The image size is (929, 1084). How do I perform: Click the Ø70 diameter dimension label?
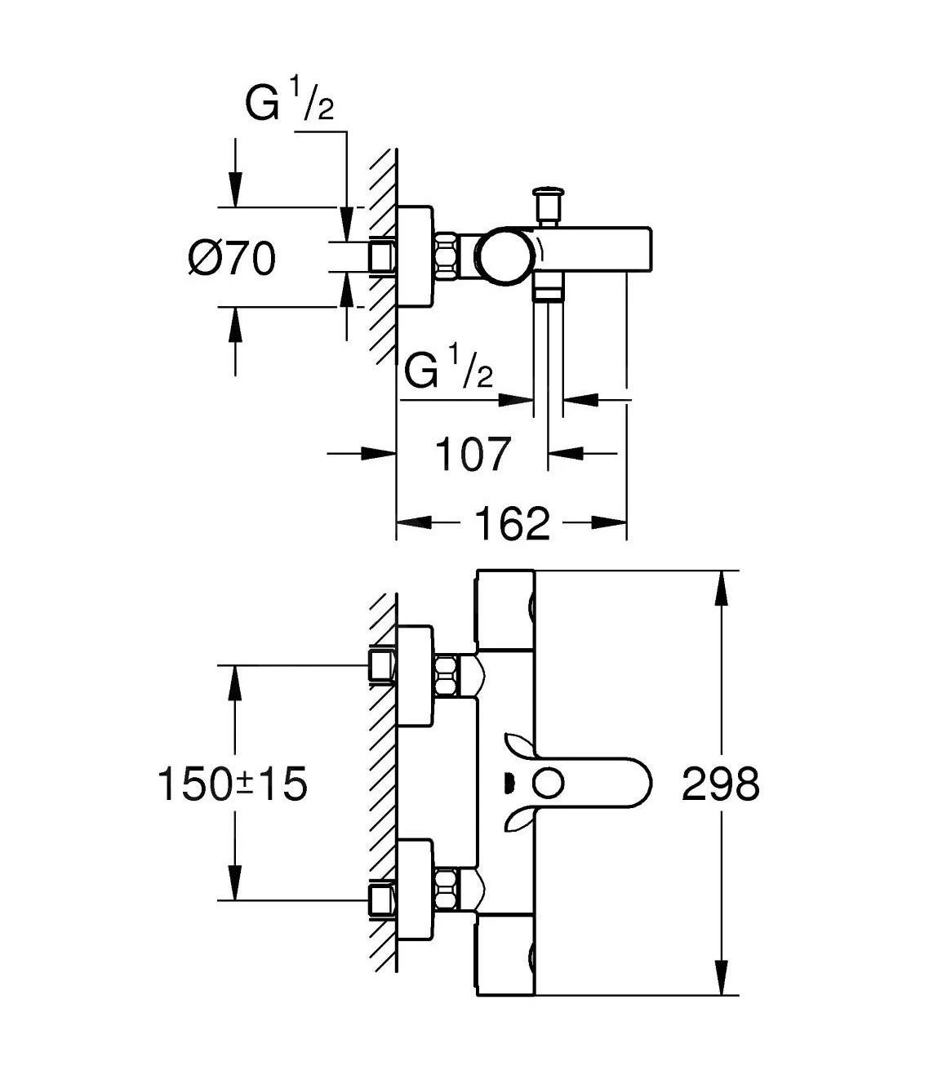[233, 260]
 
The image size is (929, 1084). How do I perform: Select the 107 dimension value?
[473, 454]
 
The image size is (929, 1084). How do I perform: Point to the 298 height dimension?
[721, 784]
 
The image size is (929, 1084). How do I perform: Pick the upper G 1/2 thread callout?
[291, 104]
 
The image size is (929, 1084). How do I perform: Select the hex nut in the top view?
[447, 256]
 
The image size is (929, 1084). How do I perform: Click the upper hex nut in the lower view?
[446, 674]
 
